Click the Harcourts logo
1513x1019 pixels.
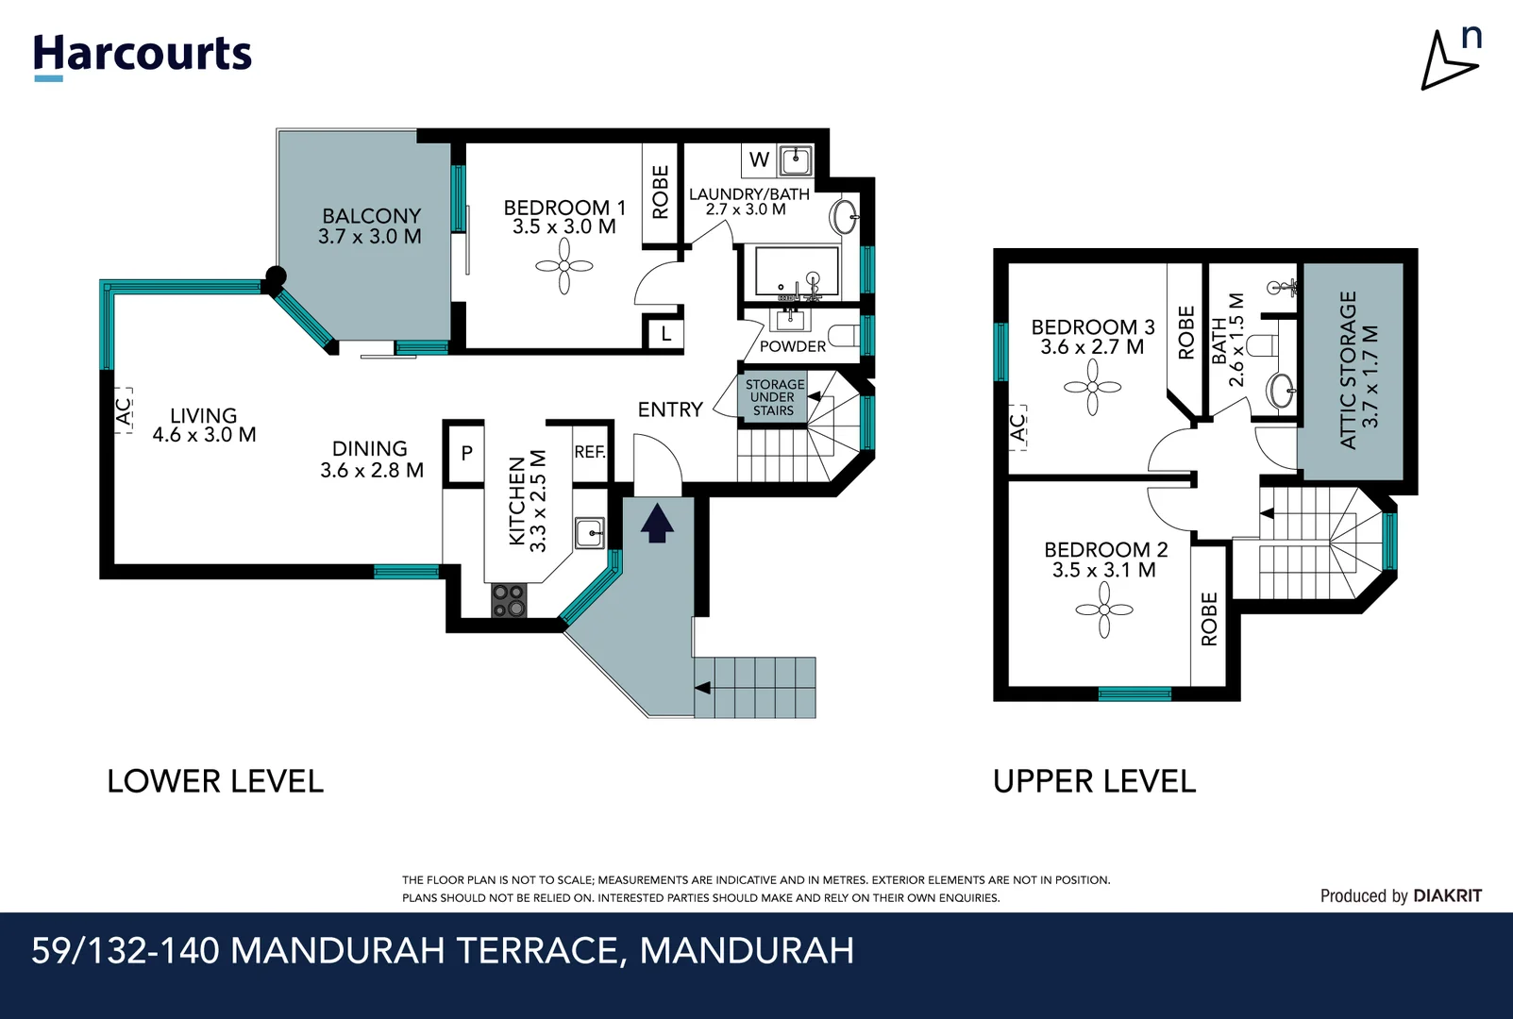coord(143,58)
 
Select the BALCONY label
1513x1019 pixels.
coord(372,216)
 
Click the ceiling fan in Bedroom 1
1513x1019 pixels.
coord(564,267)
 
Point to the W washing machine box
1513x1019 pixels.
coord(759,160)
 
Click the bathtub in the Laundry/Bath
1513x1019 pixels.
coord(797,272)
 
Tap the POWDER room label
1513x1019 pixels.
coord(793,346)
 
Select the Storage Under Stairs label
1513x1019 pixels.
coord(774,397)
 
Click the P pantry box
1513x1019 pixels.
coord(466,453)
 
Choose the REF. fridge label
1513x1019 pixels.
coord(590,452)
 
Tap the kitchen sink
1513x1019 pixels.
coord(590,533)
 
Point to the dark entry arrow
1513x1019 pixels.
coord(657,524)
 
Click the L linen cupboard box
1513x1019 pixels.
coord(666,334)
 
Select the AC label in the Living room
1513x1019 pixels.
coord(123,410)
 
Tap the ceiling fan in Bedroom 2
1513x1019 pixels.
coord(1104,610)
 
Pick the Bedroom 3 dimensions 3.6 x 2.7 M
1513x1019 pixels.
coord(1092,347)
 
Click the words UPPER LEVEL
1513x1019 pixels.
coord(1094,781)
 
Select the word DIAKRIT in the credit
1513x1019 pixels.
coord(1448,895)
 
